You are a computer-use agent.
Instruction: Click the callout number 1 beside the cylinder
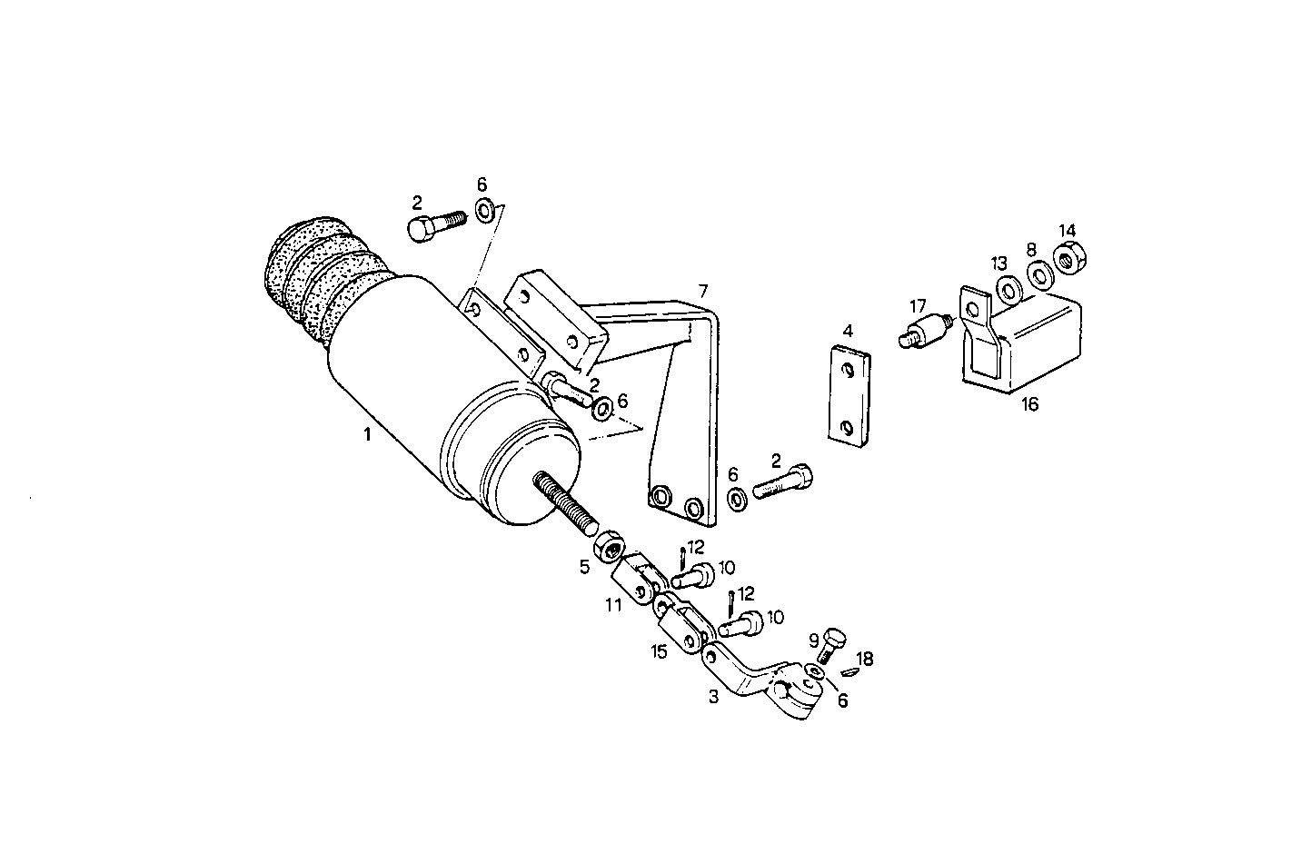tap(367, 434)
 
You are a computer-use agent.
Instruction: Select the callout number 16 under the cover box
tap(1029, 404)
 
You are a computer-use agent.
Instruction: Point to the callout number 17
tap(919, 306)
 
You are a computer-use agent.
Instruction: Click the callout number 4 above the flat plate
tap(848, 331)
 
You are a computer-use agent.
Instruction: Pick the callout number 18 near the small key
tap(865, 659)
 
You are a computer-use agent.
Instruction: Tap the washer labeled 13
tap(1008, 289)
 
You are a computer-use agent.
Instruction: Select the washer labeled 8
tap(1038, 273)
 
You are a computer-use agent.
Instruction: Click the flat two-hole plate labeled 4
tap(849, 397)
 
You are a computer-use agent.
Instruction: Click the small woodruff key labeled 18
tap(849, 673)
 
